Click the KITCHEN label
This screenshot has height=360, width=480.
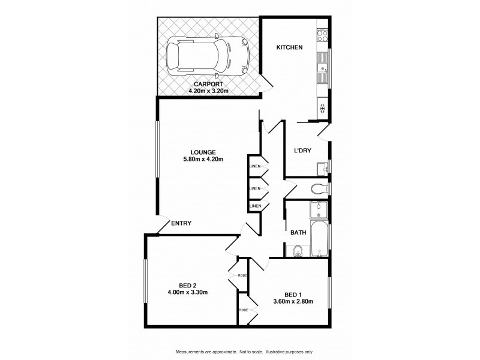point(289,47)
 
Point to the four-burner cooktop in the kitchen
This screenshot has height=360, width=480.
point(323,35)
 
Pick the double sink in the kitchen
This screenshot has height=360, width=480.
point(323,67)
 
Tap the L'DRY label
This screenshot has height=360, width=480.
point(302,151)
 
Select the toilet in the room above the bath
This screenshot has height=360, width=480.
point(319,188)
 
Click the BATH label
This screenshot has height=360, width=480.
point(298,232)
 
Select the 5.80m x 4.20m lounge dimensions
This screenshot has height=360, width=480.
point(203,159)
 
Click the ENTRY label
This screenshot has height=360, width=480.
point(181,223)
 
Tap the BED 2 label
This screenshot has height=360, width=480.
point(187,285)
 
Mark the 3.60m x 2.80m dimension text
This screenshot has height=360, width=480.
point(293,301)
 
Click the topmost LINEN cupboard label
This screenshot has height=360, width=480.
point(254,166)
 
